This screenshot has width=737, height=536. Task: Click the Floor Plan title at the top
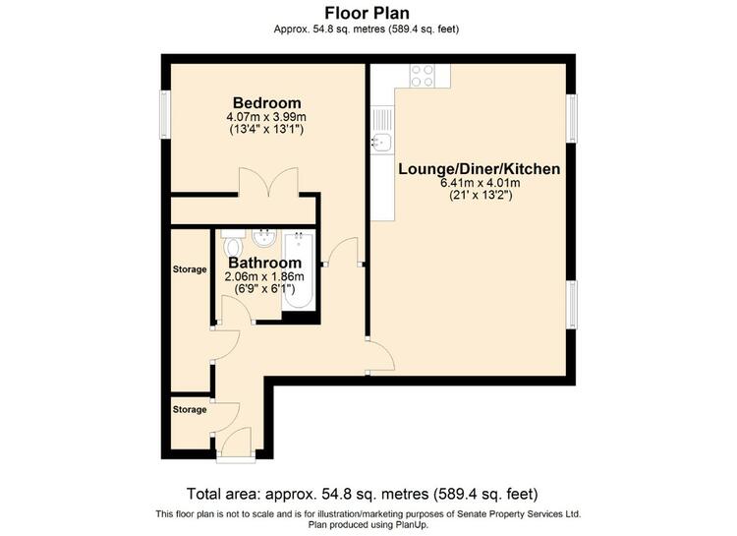[x=367, y=12]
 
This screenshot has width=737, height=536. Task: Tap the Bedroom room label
[x=267, y=102]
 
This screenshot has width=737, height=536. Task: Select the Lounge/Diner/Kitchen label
[x=479, y=169]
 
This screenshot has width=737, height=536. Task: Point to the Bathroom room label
[x=265, y=263]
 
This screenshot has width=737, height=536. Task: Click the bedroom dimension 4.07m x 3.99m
[x=266, y=117]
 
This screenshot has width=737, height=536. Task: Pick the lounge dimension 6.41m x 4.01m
[x=480, y=183]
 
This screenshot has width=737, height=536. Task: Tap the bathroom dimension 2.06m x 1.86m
[x=264, y=276]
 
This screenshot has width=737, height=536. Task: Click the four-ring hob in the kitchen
[x=423, y=76]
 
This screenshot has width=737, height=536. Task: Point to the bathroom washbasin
[x=264, y=238]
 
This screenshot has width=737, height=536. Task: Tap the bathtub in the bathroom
[x=299, y=270]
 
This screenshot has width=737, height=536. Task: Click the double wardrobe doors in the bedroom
[x=268, y=183]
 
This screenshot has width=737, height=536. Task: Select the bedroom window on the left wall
[x=165, y=114]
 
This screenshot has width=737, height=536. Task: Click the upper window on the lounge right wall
[x=571, y=118]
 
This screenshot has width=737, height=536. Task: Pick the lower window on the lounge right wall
[x=571, y=305]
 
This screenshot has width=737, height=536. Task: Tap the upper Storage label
[x=190, y=269]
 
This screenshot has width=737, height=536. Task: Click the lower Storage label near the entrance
[x=190, y=409]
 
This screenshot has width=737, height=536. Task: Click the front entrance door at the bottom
[x=236, y=445]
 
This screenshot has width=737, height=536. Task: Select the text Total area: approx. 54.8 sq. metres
[x=308, y=494]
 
